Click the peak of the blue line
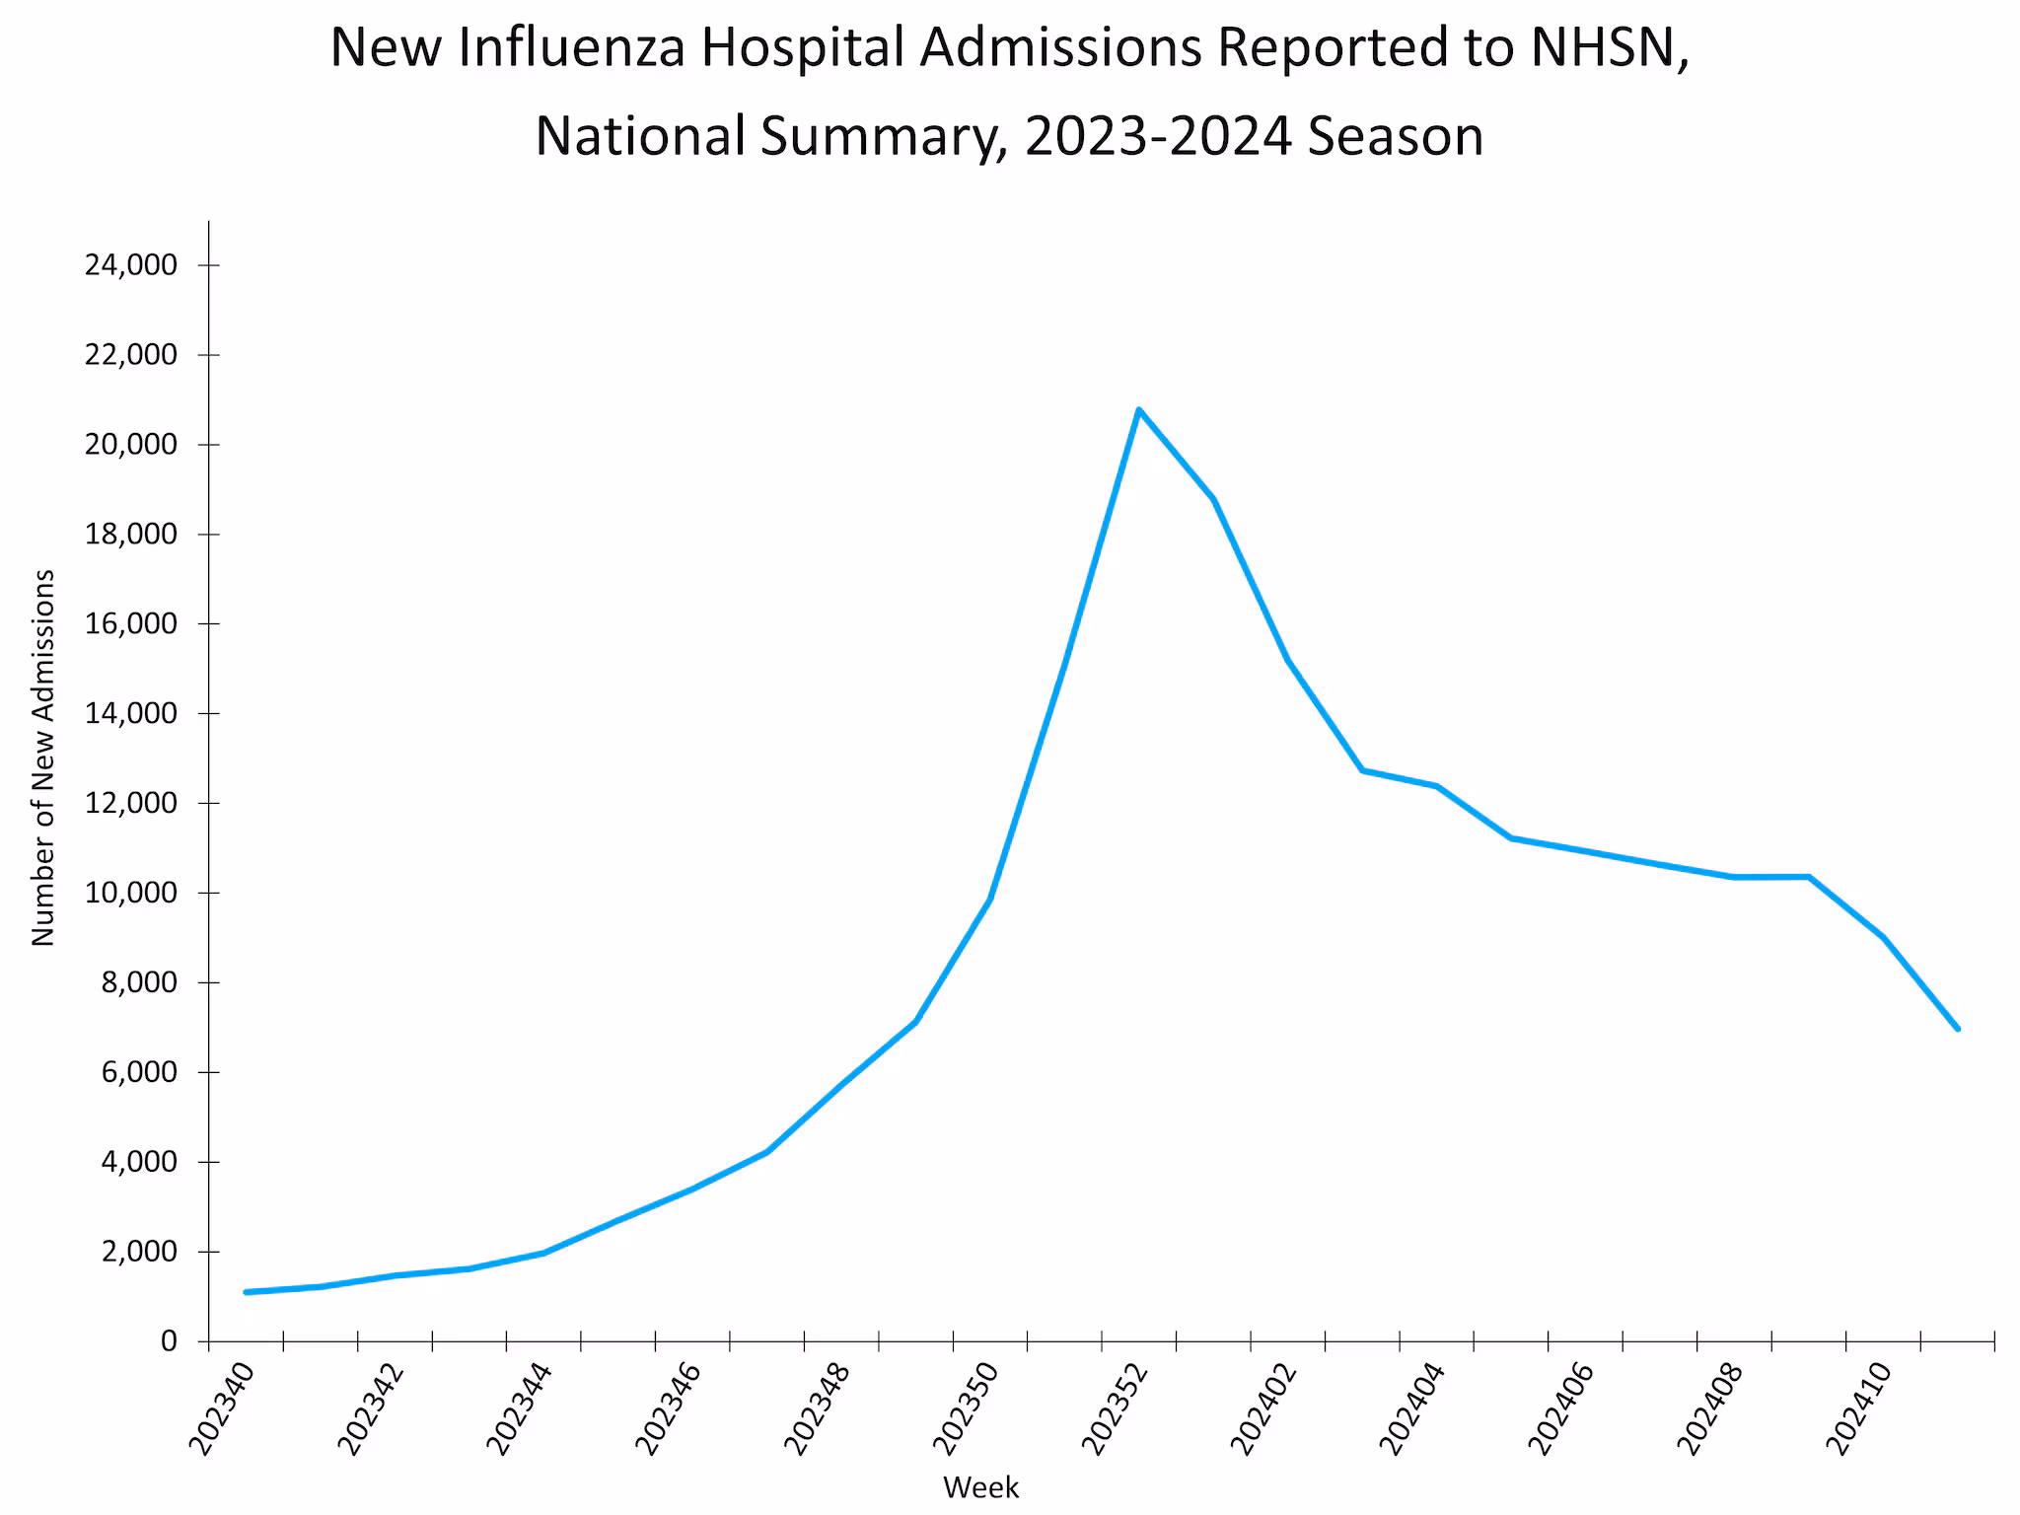[1139, 409]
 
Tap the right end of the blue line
[1957, 1029]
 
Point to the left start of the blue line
[246, 1292]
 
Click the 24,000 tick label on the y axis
[131, 265]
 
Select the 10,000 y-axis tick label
[131, 893]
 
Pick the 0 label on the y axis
[169, 1341]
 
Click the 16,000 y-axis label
[131, 624]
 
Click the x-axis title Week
[980, 1487]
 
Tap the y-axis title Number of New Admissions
[43, 757]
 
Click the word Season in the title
[1396, 136]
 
